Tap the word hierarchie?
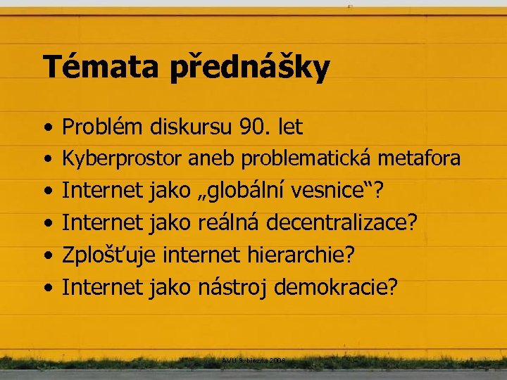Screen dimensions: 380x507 (x=301, y=255)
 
